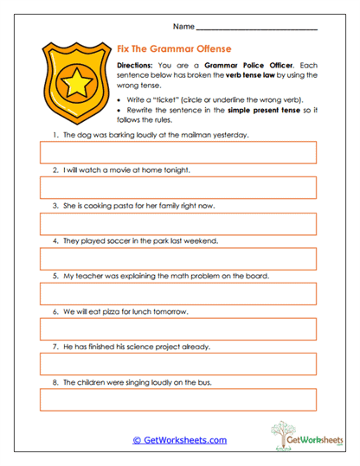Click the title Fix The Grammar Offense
point(174,49)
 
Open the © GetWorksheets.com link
point(179,440)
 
